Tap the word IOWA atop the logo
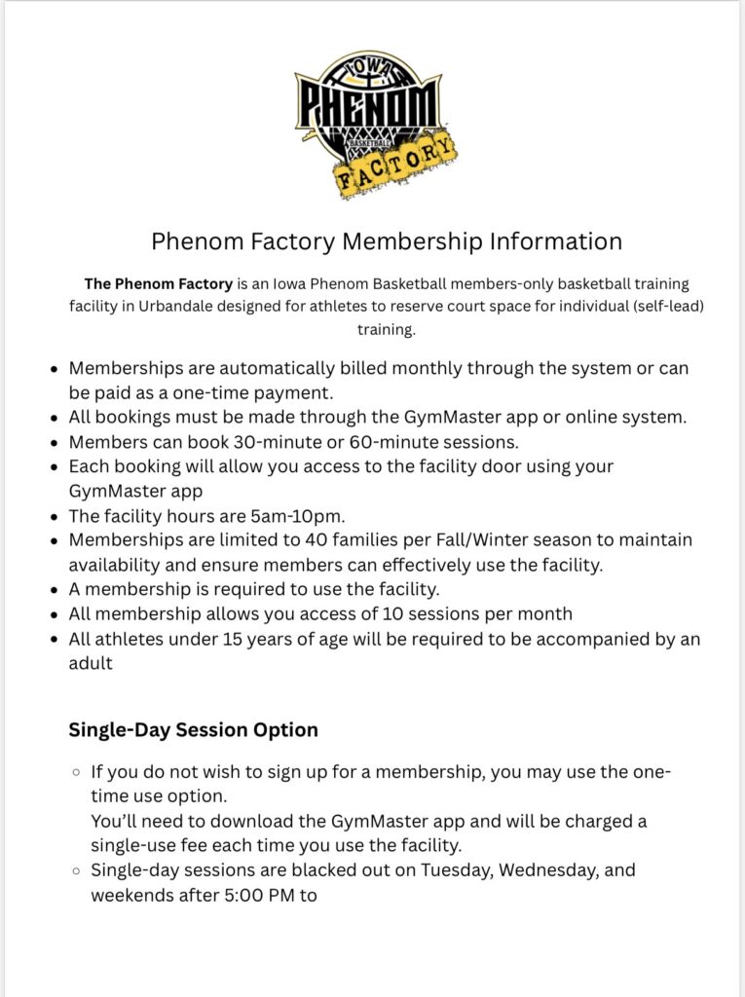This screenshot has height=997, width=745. pos(368,66)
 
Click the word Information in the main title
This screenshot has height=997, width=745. pos(555,240)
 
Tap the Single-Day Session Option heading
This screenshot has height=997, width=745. pos(193,729)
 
